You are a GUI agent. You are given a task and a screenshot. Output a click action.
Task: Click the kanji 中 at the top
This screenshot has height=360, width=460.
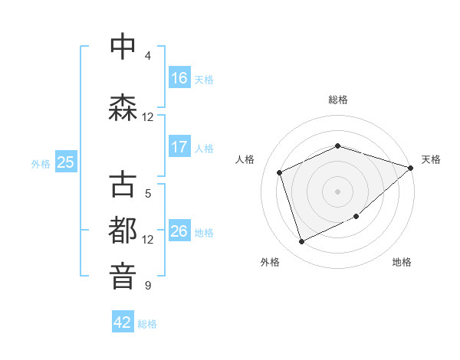click(123, 47)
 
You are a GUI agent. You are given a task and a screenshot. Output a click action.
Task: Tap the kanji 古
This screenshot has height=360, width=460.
click(123, 185)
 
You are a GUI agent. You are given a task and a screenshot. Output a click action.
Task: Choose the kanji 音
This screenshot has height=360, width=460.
click(123, 276)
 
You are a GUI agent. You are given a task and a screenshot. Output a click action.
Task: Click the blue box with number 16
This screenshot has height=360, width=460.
click(179, 78)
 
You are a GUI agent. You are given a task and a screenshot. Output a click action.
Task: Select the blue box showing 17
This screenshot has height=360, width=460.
click(179, 147)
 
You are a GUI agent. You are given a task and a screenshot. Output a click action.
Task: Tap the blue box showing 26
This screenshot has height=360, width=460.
click(179, 231)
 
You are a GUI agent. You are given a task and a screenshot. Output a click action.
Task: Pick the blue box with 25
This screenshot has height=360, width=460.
click(65, 162)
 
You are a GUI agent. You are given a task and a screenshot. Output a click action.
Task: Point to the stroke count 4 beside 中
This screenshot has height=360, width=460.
click(148, 56)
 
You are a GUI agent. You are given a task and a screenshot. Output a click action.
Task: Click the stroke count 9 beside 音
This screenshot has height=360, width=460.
click(148, 286)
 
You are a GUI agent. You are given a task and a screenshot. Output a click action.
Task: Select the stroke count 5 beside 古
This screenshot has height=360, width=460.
click(148, 194)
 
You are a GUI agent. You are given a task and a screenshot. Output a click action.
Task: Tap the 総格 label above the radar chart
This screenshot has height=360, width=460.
click(338, 100)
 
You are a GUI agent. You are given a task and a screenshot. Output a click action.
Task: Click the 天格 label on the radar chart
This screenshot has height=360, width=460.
click(431, 159)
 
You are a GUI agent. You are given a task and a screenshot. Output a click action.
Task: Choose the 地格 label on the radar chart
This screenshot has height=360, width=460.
click(402, 262)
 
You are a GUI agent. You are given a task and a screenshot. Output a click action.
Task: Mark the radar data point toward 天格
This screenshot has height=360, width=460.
click(411, 168)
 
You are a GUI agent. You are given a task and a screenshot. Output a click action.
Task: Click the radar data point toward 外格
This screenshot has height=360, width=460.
click(301, 242)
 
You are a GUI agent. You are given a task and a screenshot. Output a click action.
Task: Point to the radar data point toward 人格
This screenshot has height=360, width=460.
click(280, 172)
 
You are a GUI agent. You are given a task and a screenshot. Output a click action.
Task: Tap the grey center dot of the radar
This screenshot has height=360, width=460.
click(338, 191)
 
